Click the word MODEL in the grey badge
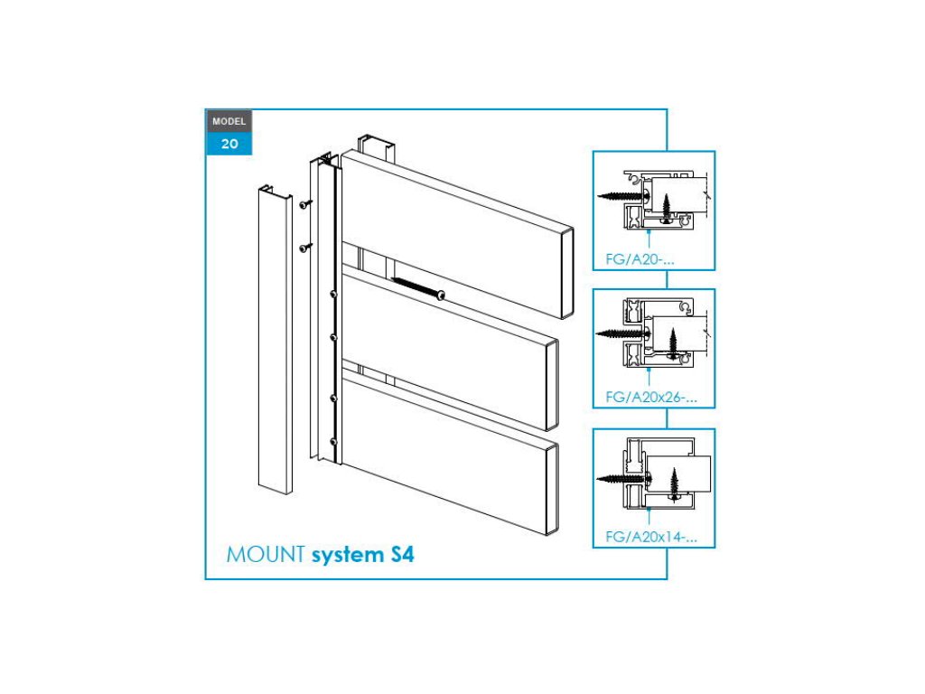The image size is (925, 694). click(229, 121)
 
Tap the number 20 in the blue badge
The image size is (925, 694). click(229, 143)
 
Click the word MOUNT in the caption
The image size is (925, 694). click(265, 554)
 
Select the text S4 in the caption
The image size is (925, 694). click(402, 554)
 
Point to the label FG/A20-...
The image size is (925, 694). click(639, 259)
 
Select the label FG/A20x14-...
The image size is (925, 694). click(650, 537)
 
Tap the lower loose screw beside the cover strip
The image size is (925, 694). click(306, 246)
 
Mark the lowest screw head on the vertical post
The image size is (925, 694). click(335, 442)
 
